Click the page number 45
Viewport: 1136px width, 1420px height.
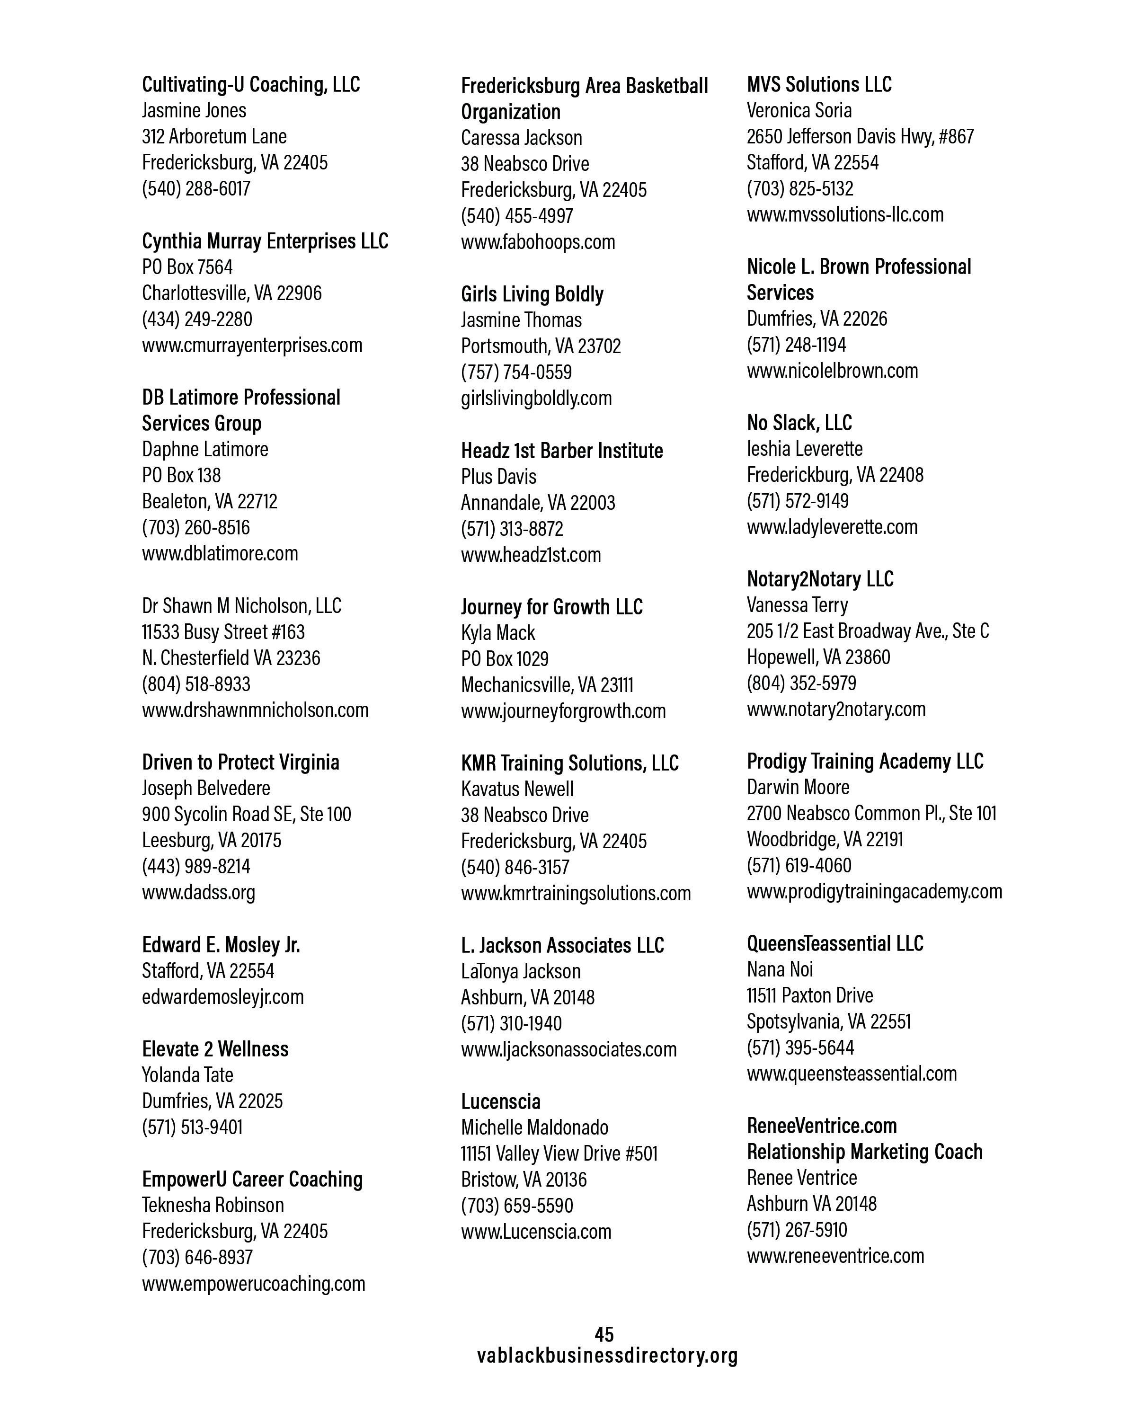pos(604,1334)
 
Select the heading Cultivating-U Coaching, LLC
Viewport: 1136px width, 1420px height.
pos(251,84)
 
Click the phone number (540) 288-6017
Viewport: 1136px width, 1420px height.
pos(196,188)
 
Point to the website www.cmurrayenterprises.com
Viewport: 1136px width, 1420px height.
pos(252,345)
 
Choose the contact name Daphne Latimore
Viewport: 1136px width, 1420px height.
pos(205,449)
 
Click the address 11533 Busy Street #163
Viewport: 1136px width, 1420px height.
pos(223,631)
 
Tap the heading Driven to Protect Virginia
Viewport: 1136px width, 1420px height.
pos(241,762)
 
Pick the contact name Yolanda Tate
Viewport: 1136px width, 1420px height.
pos(188,1075)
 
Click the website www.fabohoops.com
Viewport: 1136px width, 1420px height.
pos(538,242)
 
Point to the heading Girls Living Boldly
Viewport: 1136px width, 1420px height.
pos(532,294)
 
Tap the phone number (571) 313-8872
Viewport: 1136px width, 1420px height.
pos(512,528)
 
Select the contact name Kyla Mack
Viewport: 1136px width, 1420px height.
pos(498,633)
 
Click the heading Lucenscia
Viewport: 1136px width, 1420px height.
pos(500,1101)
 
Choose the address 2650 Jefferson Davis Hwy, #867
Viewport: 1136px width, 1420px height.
pos(860,136)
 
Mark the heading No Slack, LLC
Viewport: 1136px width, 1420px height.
pos(799,423)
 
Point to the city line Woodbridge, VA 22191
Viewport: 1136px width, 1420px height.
pos(825,839)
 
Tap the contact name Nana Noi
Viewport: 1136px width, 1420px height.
pos(780,969)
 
